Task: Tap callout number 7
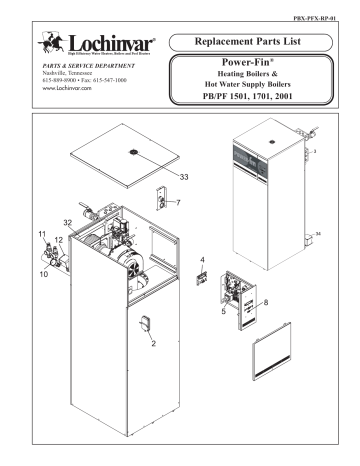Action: click(179, 203)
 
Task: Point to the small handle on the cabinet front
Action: click(144, 323)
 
